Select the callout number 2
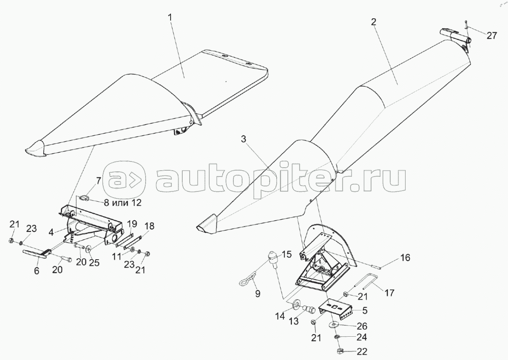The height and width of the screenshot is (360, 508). pos(374,22)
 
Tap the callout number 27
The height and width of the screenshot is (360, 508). pos(492,36)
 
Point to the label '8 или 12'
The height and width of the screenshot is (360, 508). pos(122,203)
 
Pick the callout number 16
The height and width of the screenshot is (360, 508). pos(405,258)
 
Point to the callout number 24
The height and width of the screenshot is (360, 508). pos(362,337)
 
